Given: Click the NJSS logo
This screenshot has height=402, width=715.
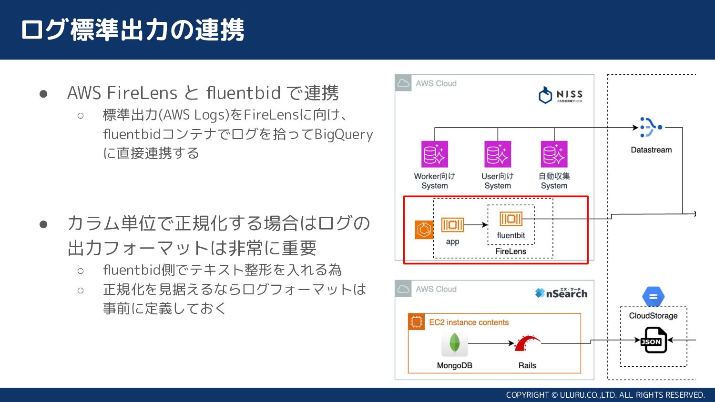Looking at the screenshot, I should [560, 95].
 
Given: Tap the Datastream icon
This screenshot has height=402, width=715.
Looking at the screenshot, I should [651, 127].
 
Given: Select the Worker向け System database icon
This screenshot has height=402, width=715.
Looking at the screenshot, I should [435, 154].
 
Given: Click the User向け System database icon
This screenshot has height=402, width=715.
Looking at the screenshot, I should [498, 154].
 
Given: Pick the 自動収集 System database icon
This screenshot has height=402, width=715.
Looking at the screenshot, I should [554, 154].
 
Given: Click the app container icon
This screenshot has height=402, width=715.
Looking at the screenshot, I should [452, 225].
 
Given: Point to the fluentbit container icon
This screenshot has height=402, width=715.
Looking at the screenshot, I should [511, 219].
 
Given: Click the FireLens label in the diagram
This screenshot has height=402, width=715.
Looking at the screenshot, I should [511, 251].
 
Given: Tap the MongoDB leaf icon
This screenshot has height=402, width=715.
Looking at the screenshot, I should [455, 344].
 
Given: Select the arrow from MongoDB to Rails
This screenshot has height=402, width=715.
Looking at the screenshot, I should [491, 343].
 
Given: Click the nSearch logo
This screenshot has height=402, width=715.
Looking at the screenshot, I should [561, 293].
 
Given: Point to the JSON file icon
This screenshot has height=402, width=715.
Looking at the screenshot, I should [654, 340].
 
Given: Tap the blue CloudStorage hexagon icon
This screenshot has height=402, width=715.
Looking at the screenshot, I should [653, 297].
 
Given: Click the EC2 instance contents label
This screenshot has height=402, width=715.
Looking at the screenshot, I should [469, 322].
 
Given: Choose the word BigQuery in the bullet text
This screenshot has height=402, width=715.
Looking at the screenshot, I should [344, 134].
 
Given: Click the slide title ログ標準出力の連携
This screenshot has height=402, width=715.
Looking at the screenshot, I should [133, 30].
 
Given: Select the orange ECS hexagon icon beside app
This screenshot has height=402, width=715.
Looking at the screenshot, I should [424, 230].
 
